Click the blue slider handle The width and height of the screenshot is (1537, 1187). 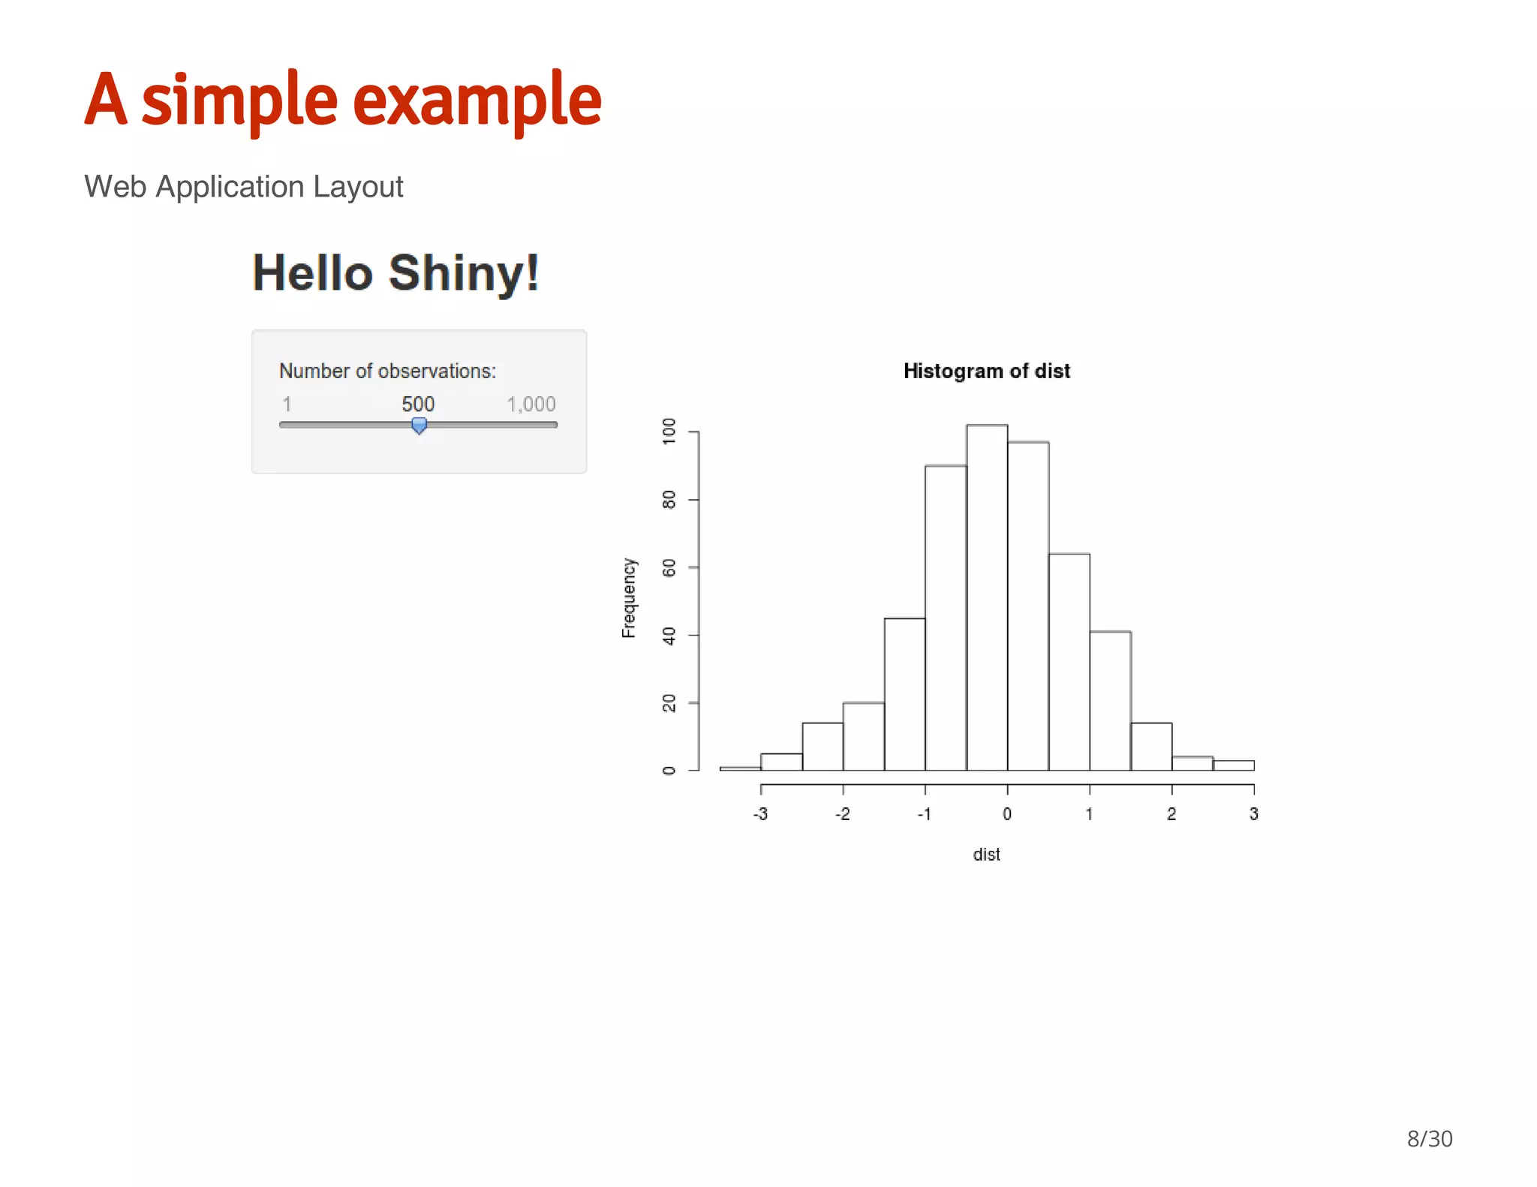tap(420, 426)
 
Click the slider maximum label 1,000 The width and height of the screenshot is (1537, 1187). tap(531, 404)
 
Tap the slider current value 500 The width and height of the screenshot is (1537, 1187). tap(418, 404)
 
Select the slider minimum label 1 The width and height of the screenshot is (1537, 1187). tap(287, 404)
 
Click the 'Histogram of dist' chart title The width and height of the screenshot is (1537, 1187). tap(986, 371)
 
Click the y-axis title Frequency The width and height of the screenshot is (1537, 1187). tap(629, 598)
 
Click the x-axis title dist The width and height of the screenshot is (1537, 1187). tap(986, 855)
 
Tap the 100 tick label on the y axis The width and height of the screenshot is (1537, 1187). tap(669, 431)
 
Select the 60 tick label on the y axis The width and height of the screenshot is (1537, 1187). tap(669, 568)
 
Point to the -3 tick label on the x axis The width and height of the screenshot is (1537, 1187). tap(760, 814)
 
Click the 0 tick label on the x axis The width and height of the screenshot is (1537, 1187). tap(1007, 814)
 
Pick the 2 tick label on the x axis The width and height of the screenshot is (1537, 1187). tap(1172, 814)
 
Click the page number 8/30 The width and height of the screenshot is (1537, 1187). tap(1430, 1139)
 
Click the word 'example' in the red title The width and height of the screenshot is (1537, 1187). tap(477, 100)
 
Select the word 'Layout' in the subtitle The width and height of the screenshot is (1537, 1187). tap(358, 187)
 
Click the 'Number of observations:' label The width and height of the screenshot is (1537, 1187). tap(387, 371)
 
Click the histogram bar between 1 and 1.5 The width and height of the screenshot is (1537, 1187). tap(1110, 701)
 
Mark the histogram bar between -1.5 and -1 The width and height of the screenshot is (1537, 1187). tap(904, 694)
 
